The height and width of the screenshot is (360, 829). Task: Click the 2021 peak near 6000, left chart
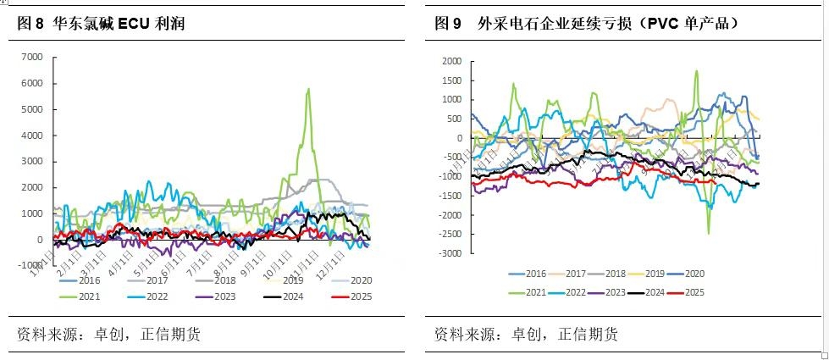(308, 88)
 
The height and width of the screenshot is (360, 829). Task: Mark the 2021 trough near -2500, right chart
(709, 233)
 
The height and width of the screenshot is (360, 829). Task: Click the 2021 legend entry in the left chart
(84, 296)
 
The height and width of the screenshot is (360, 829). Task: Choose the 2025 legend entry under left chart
(357, 296)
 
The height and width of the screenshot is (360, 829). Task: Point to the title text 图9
(447, 25)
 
